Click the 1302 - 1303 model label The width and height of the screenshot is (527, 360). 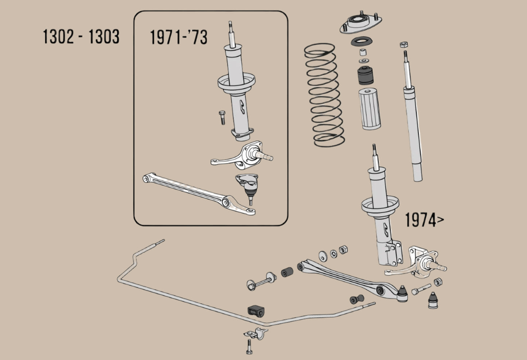pyautogui.click(x=81, y=37)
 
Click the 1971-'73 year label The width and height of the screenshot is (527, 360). pyautogui.click(x=179, y=38)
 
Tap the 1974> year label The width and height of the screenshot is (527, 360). pyautogui.click(x=424, y=220)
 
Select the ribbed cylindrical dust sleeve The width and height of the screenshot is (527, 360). pyautogui.click(x=370, y=109)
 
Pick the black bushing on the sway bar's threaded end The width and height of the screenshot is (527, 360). pyautogui.click(x=356, y=300)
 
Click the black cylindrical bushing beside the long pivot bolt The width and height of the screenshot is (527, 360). pyautogui.click(x=287, y=272)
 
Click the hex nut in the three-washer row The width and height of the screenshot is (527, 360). pyautogui.click(x=343, y=250)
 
